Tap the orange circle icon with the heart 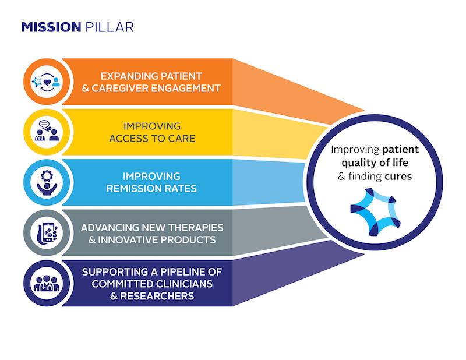point(45,82)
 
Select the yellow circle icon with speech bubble point(45,132)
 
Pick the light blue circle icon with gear point(45,182)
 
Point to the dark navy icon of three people point(45,282)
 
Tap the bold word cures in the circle point(398,175)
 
